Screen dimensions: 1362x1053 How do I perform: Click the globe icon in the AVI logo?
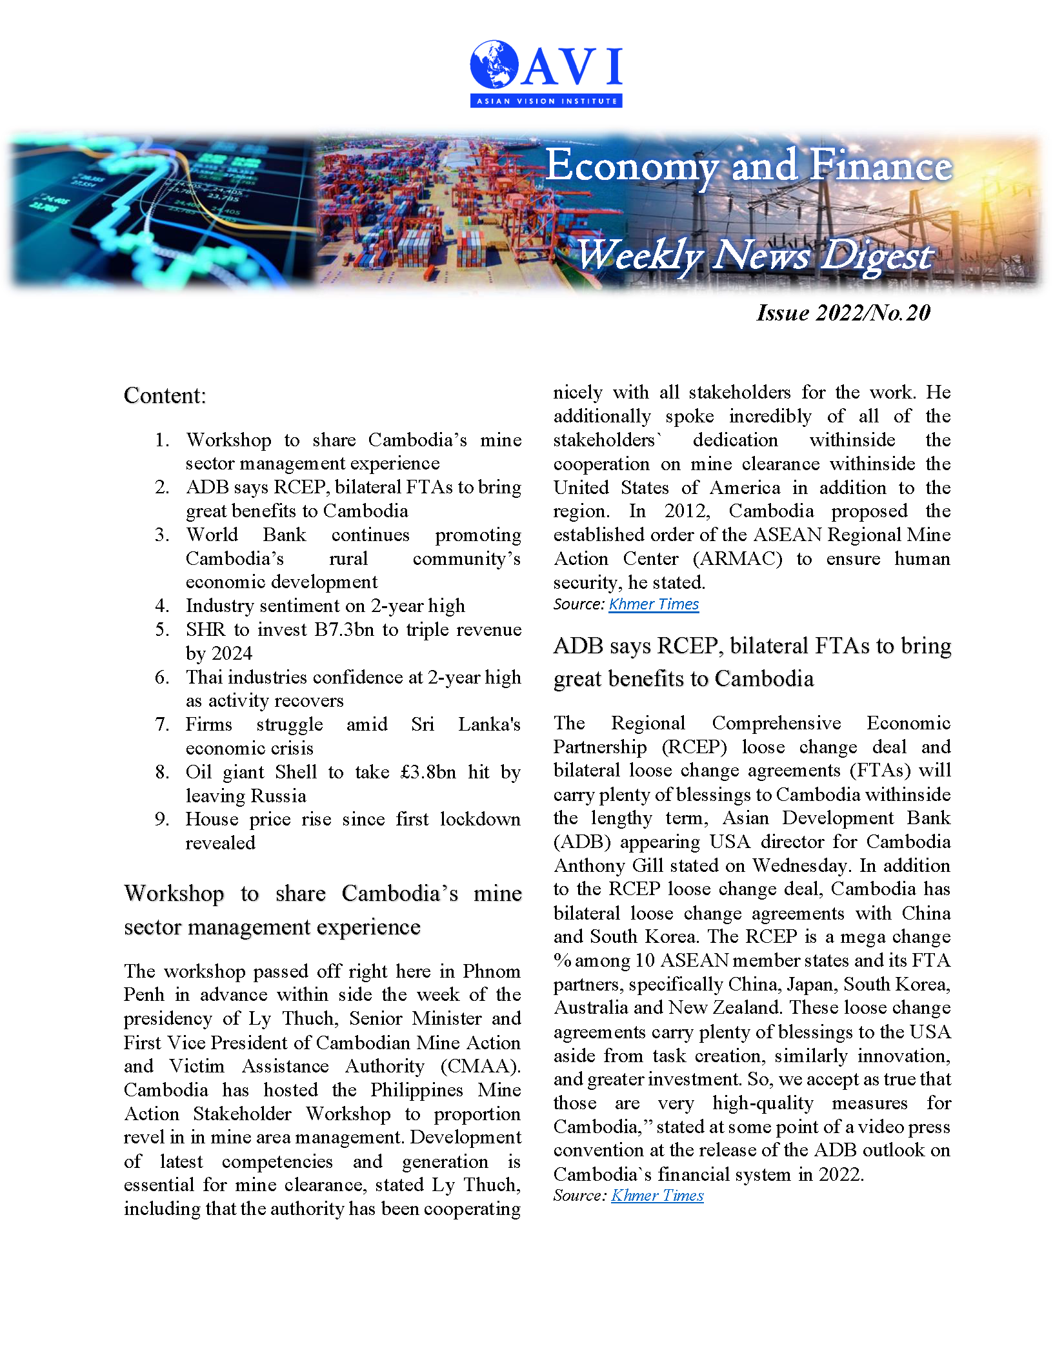pyautogui.click(x=494, y=64)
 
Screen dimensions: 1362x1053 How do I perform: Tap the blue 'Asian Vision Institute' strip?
pyautogui.click(x=546, y=101)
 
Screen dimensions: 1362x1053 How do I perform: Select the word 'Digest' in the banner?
pyautogui.click(x=877, y=255)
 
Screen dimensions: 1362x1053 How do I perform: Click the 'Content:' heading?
pyautogui.click(x=165, y=395)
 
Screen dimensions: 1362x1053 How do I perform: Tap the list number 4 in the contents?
pyautogui.click(x=161, y=606)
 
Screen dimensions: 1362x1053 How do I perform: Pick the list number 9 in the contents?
pyautogui.click(x=161, y=820)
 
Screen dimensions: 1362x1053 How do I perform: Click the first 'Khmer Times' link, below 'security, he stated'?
pyautogui.click(x=654, y=604)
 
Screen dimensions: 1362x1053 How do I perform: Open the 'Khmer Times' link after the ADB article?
pyautogui.click(x=657, y=1196)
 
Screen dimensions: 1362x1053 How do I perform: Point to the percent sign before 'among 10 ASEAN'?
pyautogui.click(x=562, y=961)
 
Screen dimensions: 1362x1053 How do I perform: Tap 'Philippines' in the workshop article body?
pyautogui.click(x=416, y=1091)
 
